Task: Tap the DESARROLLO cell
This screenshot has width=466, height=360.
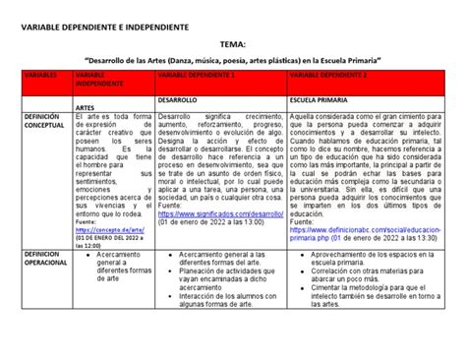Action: [x=179, y=100]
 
